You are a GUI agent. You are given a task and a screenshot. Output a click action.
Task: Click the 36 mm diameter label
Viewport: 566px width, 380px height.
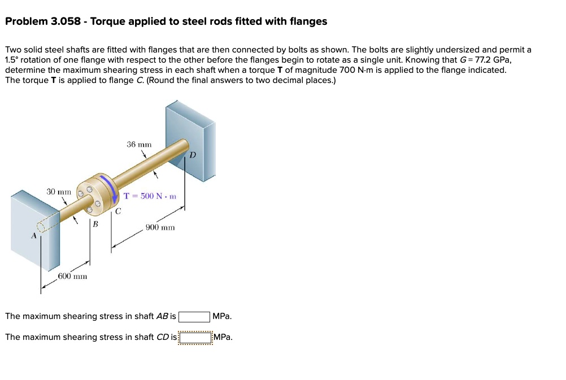138,145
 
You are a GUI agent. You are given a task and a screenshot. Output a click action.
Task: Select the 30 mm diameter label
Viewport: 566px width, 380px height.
59,192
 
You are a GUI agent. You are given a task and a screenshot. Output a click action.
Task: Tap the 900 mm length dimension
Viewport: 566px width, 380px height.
160,227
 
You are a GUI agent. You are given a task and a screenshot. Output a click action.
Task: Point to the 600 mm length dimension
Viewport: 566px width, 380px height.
72,276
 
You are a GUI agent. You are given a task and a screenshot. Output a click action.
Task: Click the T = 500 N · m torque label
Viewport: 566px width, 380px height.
150,196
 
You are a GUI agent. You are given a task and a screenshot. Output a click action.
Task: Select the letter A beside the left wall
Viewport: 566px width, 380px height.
33,236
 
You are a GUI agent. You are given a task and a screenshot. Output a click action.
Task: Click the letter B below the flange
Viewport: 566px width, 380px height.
95,224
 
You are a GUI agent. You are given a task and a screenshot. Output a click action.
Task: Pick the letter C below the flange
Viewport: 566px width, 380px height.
117,212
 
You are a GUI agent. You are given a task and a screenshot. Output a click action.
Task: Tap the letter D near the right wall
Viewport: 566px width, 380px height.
193,155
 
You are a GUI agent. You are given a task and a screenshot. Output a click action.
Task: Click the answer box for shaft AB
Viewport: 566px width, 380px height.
195,316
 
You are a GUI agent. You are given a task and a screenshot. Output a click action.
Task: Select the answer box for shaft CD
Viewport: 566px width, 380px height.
195,337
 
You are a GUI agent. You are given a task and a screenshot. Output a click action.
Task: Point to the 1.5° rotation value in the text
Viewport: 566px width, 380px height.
11,60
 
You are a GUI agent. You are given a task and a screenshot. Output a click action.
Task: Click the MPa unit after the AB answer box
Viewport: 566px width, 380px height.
222,316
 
